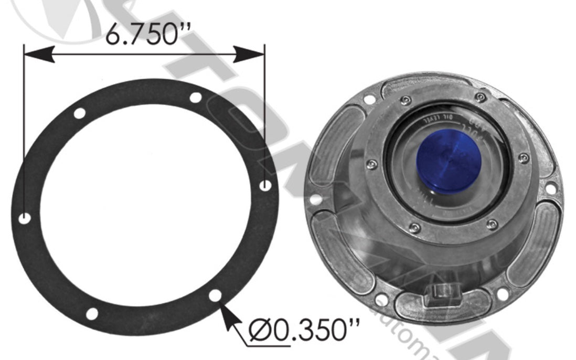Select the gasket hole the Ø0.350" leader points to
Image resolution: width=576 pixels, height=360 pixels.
(x=215, y=295)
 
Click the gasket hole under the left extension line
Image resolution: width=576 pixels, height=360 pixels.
(x=24, y=218)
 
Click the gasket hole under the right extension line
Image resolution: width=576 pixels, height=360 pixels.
(x=266, y=185)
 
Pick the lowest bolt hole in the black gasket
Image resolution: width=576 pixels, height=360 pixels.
(x=92, y=314)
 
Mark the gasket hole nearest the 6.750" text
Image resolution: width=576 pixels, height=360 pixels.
(x=195, y=98)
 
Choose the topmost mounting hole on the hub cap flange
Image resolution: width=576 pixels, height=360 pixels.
(x=369, y=99)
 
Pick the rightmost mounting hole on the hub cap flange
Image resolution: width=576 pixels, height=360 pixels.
(x=550, y=187)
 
